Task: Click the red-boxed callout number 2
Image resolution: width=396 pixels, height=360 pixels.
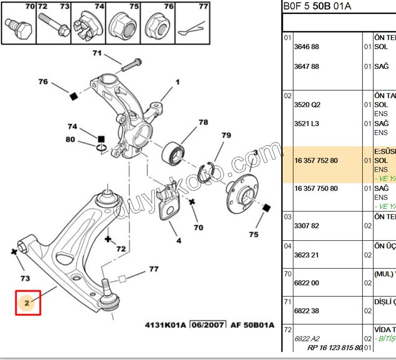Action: click(x=27, y=303)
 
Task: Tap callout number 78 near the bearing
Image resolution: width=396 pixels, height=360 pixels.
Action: click(x=203, y=122)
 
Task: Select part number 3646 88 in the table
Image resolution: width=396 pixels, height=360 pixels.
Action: click(x=307, y=47)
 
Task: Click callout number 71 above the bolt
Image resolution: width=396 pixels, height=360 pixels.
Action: click(x=97, y=53)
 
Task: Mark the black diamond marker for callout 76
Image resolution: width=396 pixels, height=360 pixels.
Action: click(x=73, y=96)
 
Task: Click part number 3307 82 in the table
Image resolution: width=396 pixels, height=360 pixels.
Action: click(x=307, y=226)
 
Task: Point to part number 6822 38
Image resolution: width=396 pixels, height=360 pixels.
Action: click(x=307, y=311)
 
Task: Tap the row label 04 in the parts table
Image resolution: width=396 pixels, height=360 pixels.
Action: click(x=287, y=245)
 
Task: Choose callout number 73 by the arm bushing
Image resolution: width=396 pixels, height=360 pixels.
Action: click(x=25, y=278)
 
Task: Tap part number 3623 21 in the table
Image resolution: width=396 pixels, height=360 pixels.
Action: click(x=307, y=255)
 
